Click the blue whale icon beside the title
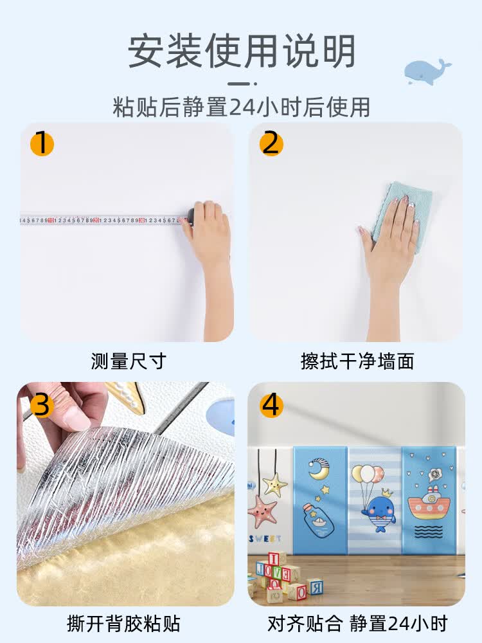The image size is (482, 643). pos(427,71)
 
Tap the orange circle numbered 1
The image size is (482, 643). pos(42,143)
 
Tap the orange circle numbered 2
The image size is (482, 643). pos(271,143)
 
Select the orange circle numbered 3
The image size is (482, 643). pos(42,405)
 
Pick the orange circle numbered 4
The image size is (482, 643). pos(271,405)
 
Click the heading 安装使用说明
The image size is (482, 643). pos(241,51)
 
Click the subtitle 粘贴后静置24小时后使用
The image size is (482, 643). pos(241,106)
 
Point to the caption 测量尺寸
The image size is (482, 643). pos(128,361)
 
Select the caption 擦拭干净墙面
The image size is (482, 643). pos(357,361)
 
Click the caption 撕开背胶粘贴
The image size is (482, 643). pos(123,623)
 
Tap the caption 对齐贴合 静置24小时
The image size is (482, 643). pos(357,623)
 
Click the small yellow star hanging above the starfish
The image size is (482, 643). pos(274,484)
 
